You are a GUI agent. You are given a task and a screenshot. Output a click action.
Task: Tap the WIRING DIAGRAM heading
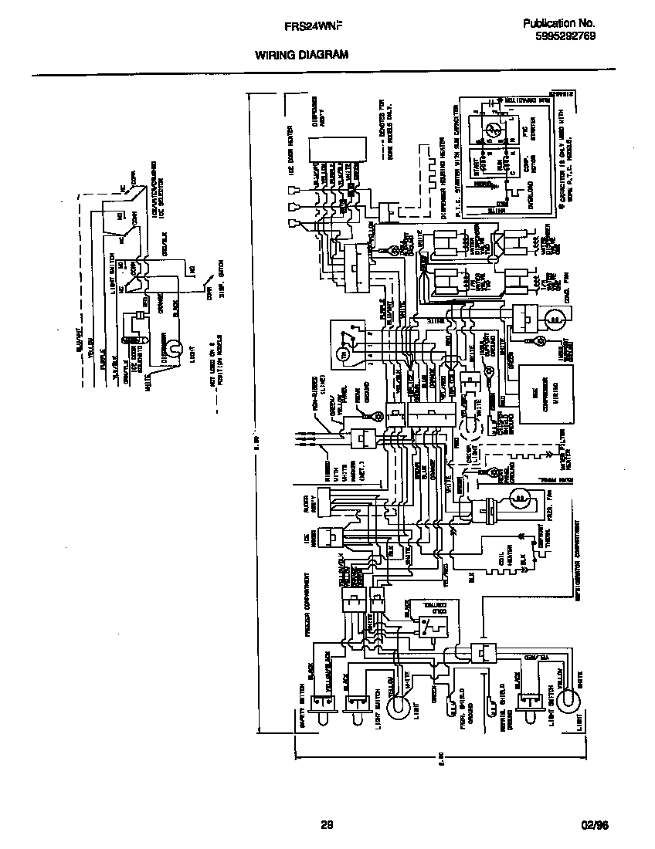[x=301, y=55]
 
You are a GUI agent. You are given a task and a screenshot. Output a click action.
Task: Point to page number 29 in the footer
[x=327, y=824]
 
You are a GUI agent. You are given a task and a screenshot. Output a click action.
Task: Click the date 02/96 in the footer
[x=596, y=824]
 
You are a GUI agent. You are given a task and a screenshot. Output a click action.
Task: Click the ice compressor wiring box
[x=545, y=395]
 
